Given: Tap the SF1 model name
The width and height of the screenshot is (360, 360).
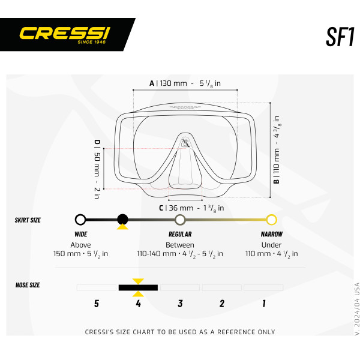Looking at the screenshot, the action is click(340, 37).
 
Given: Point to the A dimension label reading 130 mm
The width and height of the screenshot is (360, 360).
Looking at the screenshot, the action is click(185, 83).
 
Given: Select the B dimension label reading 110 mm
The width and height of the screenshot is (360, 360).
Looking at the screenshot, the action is click(277, 149).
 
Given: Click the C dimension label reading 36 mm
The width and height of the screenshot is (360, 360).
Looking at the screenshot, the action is click(191, 208).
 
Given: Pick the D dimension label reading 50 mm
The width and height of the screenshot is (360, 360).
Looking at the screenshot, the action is click(97, 169).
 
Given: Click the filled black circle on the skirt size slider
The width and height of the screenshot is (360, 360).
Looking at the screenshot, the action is click(122, 220).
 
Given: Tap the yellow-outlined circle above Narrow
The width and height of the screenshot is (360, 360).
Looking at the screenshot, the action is click(271, 220).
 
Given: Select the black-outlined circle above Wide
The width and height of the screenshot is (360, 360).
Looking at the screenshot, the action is click(80, 220).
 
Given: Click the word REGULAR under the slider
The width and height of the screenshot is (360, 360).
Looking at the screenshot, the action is click(180, 234).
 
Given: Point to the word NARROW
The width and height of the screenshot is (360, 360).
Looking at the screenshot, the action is click(272, 234).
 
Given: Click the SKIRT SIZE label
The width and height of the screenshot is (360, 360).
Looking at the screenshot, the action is click(28, 220).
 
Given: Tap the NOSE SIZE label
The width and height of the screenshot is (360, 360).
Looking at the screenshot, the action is click(28, 285).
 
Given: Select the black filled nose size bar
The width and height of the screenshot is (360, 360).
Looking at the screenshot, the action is click(138, 287).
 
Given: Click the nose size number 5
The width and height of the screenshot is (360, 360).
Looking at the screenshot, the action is click(97, 304).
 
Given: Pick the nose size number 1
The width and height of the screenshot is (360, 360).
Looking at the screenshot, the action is click(264, 304).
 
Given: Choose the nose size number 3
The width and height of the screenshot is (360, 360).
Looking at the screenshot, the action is click(180, 304).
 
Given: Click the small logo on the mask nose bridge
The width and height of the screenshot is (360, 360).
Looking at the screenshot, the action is click(185, 143).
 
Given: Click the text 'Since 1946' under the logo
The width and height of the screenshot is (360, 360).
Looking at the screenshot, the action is click(92, 42).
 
